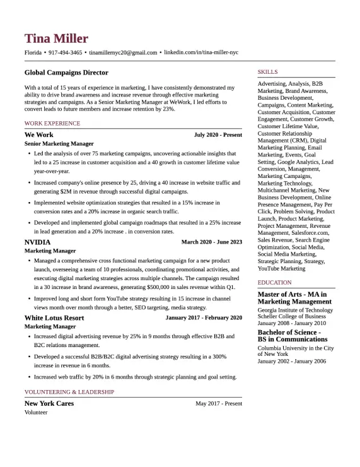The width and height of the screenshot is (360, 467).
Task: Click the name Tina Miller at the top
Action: (x=56, y=38)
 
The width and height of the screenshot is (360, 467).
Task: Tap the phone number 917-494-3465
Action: (x=65, y=52)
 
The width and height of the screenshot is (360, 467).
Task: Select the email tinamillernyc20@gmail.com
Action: (x=123, y=52)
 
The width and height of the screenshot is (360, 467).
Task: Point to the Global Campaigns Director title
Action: (x=66, y=73)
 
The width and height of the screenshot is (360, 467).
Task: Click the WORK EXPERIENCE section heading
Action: (x=52, y=123)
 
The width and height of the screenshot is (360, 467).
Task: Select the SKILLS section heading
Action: (x=267, y=72)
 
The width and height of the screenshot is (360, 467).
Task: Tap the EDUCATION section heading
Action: (x=274, y=283)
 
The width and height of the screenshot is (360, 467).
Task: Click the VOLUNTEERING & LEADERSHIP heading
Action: (x=69, y=392)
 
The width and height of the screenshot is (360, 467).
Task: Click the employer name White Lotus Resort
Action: (x=54, y=317)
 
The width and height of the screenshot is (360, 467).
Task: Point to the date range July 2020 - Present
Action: (x=218, y=135)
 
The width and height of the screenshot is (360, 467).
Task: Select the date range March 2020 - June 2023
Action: (x=211, y=242)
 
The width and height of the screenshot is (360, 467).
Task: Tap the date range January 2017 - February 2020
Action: (x=204, y=317)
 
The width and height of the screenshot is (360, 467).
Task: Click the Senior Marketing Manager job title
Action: (x=59, y=144)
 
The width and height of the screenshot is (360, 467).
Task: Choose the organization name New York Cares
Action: (x=49, y=403)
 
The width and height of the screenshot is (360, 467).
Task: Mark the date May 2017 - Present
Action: (x=218, y=403)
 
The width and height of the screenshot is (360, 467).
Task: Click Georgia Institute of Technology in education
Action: (x=295, y=310)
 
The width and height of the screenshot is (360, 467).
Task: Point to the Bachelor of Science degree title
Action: (x=289, y=332)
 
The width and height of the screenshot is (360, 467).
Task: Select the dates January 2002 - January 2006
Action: (x=292, y=361)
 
